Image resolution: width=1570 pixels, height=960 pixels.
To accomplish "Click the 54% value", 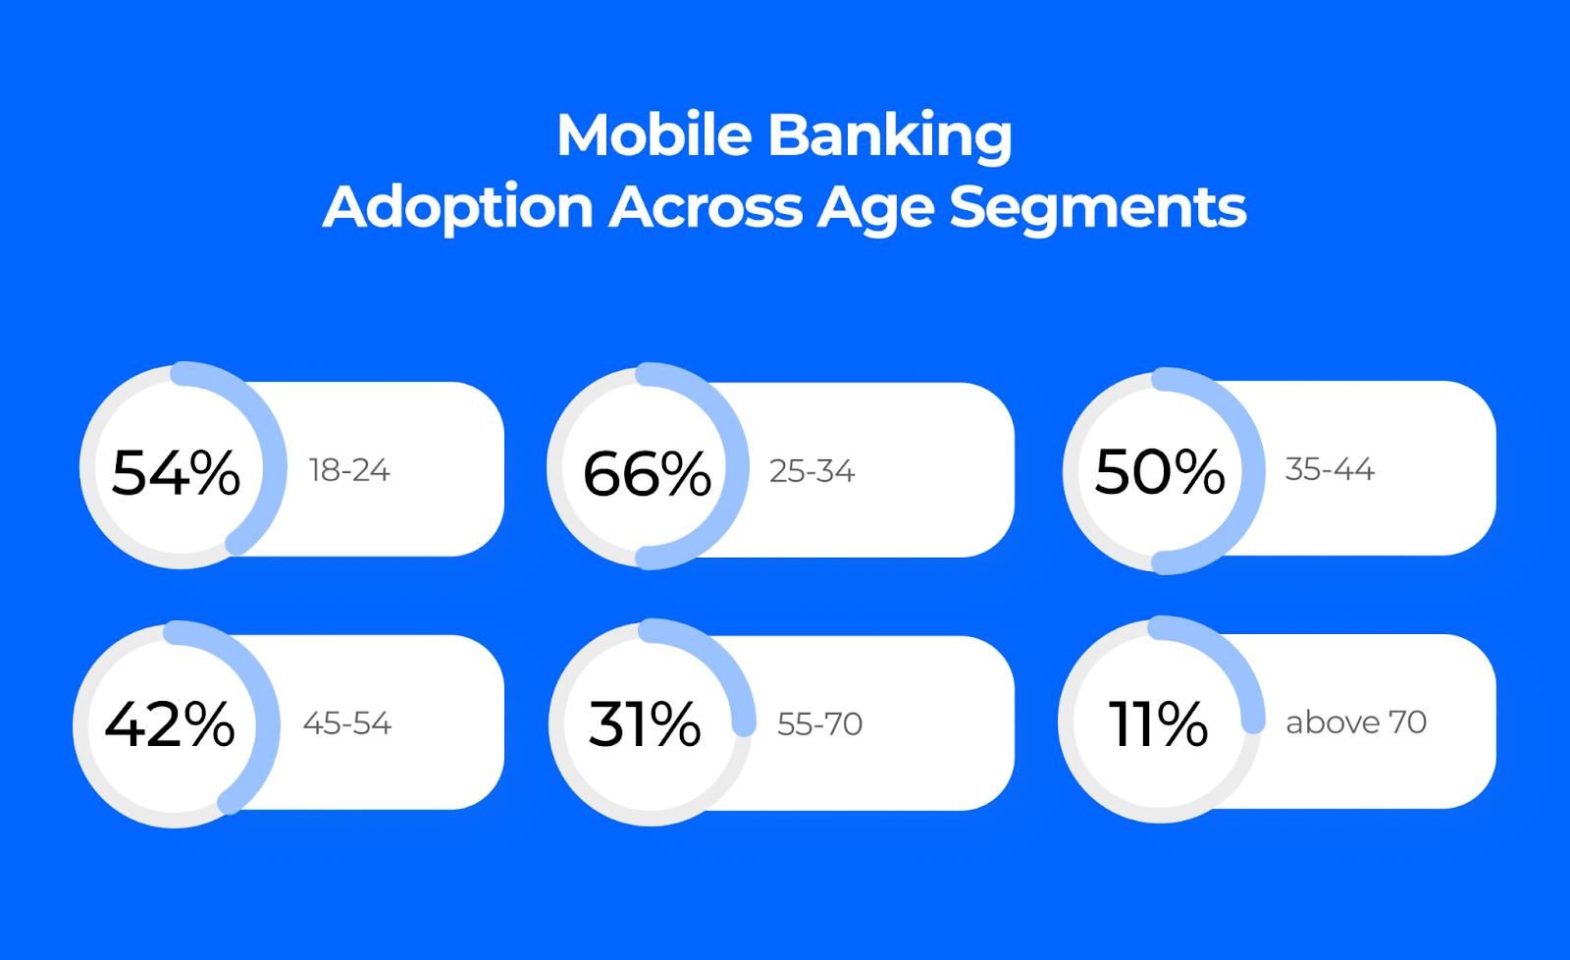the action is click(176, 473).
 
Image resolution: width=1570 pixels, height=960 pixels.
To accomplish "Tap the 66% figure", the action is click(647, 475).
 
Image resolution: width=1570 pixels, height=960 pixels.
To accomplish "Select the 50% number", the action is click(1160, 472).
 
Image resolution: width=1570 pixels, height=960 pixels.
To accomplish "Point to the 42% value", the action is click(170, 724).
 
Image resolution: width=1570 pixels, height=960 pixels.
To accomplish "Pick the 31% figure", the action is click(645, 724).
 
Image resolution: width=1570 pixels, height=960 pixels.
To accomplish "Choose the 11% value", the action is click(1158, 723).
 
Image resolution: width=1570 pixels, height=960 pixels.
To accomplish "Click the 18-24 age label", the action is click(349, 470).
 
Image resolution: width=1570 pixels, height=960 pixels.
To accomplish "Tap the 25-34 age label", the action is click(811, 471).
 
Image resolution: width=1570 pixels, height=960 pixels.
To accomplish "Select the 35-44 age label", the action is click(1330, 469).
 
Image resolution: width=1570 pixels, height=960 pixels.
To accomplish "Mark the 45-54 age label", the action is click(347, 723).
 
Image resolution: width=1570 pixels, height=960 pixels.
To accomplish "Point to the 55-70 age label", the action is click(819, 724).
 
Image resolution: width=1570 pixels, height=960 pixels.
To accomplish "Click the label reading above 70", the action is click(1356, 722).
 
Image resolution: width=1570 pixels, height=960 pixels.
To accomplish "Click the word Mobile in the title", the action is click(654, 134).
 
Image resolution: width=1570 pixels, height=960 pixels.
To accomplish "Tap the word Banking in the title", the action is click(890, 136).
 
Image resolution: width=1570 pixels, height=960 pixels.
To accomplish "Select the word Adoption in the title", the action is click(458, 208).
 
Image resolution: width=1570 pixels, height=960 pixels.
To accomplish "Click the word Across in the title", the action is click(706, 207).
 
